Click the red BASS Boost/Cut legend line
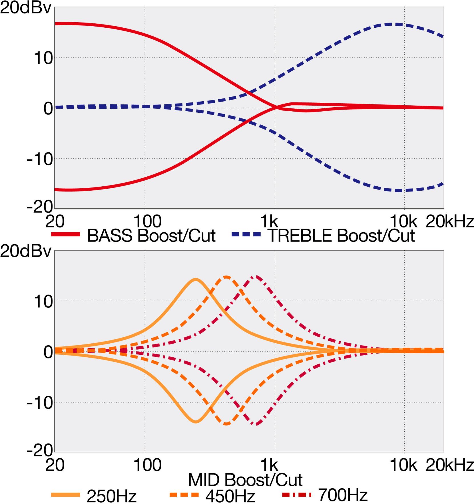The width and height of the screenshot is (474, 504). [x=65, y=234]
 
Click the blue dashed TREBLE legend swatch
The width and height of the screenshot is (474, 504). [x=246, y=234]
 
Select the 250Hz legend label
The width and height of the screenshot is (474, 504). [x=111, y=496]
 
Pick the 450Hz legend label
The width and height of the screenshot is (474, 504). [x=230, y=496]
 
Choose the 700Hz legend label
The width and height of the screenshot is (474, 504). [x=343, y=495]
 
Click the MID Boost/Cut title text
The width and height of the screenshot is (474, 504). [x=245, y=480]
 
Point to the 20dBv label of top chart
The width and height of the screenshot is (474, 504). [x=26, y=8]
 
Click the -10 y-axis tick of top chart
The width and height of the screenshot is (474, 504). [x=40, y=159]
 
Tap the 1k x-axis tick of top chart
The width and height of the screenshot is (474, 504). [x=269, y=221]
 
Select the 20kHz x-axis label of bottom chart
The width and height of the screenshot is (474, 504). [x=449, y=465]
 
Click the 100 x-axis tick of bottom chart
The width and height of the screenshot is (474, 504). [x=147, y=465]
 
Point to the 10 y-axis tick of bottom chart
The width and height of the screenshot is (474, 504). [x=43, y=302]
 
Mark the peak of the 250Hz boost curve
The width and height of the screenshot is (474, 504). [x=196, y=279]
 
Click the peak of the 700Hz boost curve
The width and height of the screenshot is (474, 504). [x=256, y=277]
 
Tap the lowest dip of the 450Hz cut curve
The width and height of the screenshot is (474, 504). [x=226, y=424]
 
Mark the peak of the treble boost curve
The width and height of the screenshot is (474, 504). [x=394, y=24]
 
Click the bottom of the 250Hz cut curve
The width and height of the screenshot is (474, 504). [x=196, y=421]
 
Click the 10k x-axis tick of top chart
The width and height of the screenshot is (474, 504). [x=403, y=221]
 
